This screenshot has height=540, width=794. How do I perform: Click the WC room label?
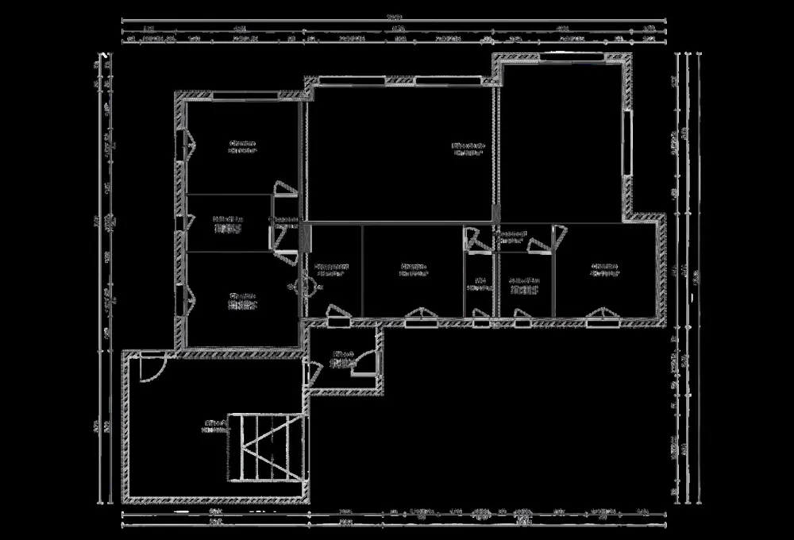coord(480,283)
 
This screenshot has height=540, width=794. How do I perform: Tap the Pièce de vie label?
coord(468,149)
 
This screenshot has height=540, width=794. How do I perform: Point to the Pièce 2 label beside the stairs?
coord(213,426)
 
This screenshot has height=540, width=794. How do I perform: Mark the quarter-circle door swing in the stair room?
coord(151,368)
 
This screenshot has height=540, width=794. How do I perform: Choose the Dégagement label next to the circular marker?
coord(330,268)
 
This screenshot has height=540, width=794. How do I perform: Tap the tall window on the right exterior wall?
coord(629,143)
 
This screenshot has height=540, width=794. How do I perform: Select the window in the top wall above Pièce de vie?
coord(434,79)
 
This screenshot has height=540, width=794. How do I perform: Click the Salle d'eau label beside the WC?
coord(524,284)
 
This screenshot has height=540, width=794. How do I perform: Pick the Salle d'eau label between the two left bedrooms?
coord(227,223)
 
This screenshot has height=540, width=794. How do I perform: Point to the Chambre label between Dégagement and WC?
coord(413,268)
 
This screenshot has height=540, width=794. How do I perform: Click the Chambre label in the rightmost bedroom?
coord(604,268)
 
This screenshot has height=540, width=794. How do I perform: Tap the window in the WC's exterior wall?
coord(481,322)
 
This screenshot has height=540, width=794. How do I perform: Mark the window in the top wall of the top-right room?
coord(561,56)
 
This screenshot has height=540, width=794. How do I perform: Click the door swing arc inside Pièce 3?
coord(364,364)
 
